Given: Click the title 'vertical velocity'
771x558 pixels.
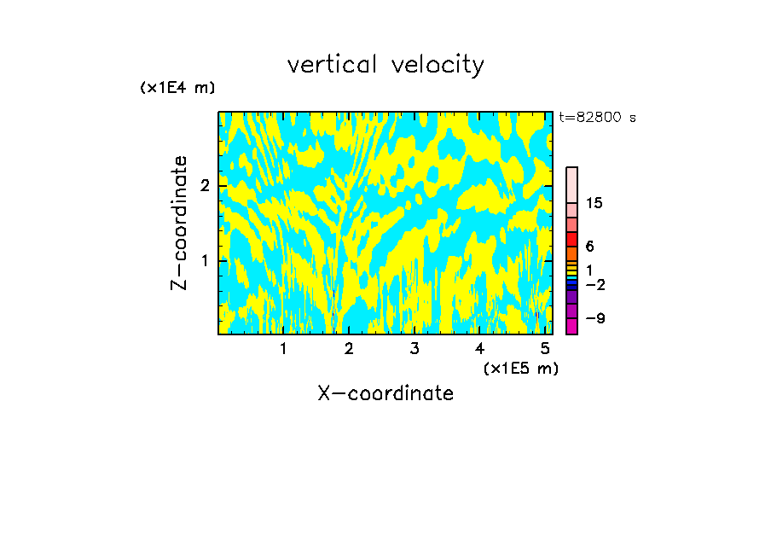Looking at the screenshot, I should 385,65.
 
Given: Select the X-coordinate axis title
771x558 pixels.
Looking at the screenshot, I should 385,393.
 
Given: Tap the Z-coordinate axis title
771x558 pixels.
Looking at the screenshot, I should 179,223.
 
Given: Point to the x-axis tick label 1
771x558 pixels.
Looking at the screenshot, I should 283,348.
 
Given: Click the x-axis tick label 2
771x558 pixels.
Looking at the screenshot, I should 349,348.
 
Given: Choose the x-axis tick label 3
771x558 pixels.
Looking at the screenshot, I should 414,348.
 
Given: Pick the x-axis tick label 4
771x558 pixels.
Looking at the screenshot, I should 479,348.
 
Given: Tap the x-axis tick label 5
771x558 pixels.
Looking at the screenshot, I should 545,348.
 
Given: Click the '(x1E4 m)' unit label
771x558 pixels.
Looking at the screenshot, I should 177,88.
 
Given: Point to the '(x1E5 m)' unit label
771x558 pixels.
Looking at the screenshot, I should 520,368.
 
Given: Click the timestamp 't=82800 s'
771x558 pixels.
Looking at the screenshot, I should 597,118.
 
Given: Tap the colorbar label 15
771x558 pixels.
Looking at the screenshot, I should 594,203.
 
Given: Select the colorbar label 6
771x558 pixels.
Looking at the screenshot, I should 589,247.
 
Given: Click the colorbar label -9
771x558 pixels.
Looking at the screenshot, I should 594,318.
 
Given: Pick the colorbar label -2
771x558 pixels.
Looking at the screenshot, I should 594,283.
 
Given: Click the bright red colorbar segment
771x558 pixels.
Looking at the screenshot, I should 571,239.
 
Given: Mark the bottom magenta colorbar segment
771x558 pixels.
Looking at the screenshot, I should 571,326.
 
